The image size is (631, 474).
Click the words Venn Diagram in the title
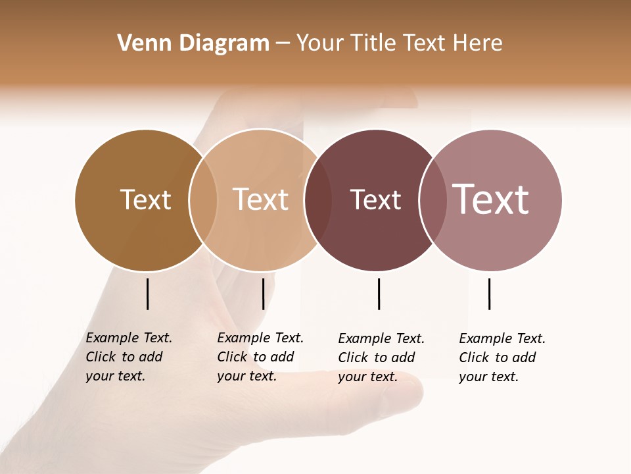click(x=193, y=43)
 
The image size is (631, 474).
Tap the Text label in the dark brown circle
click(x=145, y=199)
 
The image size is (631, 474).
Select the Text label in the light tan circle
click(x=261, y=199)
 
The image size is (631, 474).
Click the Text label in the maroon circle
click(x=375, y=199)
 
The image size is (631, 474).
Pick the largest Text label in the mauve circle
click(x=491, y=199)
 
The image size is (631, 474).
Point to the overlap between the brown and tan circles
click(x=203, y=200)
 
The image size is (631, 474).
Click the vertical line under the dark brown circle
click(x=147, y=294)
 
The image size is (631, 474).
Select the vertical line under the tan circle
click(x=263, y=294)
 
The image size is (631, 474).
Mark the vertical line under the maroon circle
click(x=379, y=294)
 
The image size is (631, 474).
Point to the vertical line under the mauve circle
click(x=489, y=294)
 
